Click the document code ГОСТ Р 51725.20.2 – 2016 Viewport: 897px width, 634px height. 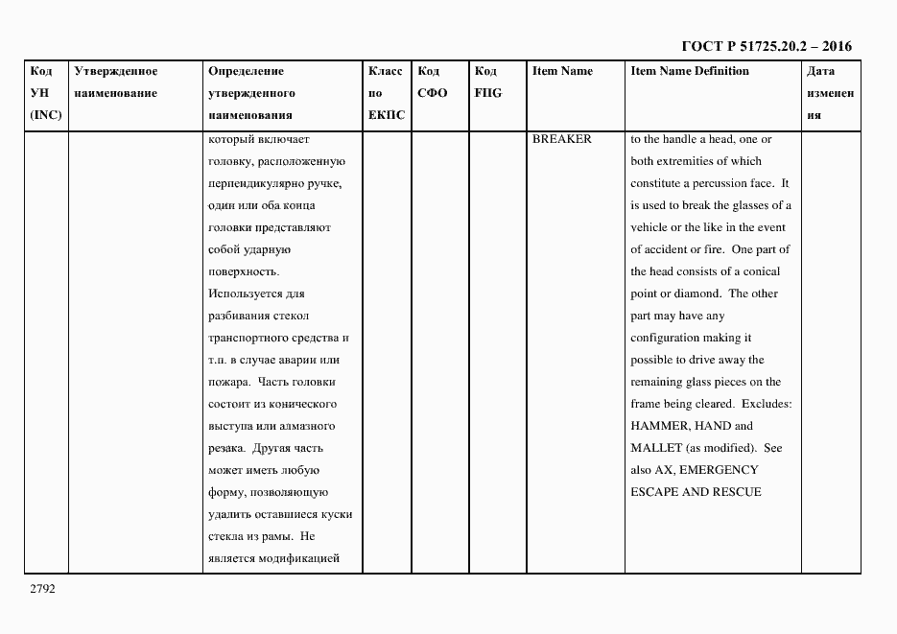point(766,46)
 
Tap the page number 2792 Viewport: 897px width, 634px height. point(42,588)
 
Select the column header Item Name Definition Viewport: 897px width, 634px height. point(689,71)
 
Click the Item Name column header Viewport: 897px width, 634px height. point(562,71)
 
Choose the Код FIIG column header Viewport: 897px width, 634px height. point(487,82)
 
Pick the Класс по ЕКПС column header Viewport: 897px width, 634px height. point(386,93)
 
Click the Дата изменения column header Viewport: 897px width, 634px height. point(829,93)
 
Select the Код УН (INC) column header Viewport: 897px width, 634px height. point(44,93)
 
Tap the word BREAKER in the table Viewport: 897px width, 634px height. point(562,139)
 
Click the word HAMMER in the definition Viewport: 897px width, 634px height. point(658,426)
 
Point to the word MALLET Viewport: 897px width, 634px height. point(656,448)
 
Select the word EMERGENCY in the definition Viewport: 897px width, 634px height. point(718,470)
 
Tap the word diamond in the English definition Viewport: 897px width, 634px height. point(695,294)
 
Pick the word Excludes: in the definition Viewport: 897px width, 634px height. point(767,404)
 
